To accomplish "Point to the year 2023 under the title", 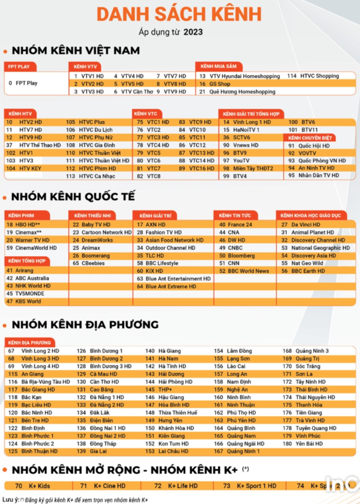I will [x=194, y=33].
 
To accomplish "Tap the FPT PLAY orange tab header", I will [x=20, y=66].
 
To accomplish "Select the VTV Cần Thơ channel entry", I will [x=137, y=92].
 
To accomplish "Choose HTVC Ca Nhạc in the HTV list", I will [x=97, y=176].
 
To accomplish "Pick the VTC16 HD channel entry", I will [x=201, y=168].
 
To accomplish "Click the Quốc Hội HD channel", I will [x=316, y=146].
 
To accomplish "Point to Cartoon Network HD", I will [x=103, y=232].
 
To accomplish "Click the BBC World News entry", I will [x=248, y=271].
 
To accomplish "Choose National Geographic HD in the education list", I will [x=320, y=248].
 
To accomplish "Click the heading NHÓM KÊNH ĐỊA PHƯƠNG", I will [x=85, y=324].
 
